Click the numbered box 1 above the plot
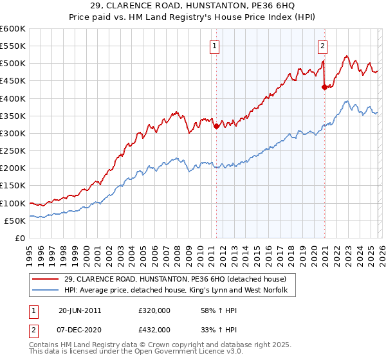pyautogui.click(x=214, y=46)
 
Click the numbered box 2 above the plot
pyautogui.click(x=322, y=46)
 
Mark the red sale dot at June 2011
pyautogui.click(x=216, y=126)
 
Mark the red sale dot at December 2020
pyautogui.click(x=324, y=87)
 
